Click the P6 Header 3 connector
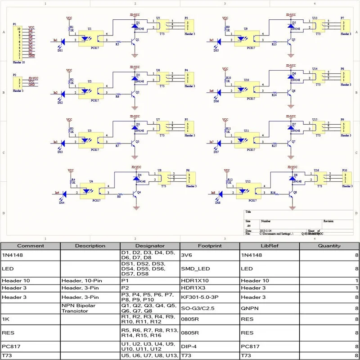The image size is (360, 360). (189, 178)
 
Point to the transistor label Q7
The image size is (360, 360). (293, 141)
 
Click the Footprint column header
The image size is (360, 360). (209, 246)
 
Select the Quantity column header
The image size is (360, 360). (329, 246)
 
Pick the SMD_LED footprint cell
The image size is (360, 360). (194, 269)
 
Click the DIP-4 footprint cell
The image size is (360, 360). (189, 346)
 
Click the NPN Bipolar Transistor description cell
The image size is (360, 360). (79, 308)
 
